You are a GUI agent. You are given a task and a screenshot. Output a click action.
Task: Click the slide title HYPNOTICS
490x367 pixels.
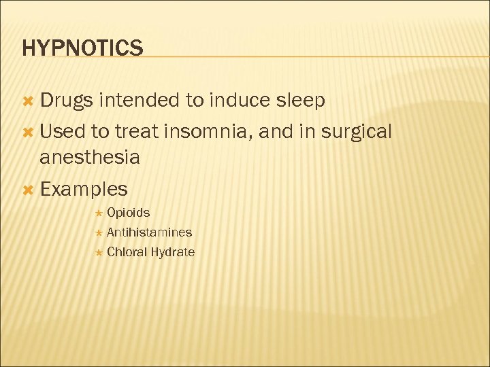pos(82,48)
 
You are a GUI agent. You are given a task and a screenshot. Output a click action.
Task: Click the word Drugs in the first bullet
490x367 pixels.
pos(66,101)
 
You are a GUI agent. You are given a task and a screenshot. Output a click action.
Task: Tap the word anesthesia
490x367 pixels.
pos(90,158)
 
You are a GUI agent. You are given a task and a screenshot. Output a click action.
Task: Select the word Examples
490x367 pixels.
pos(84,189)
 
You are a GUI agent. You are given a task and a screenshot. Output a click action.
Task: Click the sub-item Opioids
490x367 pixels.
pos(128,213)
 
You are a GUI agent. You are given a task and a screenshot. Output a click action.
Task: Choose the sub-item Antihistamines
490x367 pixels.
pos(149,232)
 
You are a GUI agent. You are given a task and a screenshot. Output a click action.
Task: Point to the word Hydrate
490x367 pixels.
pos(173,252)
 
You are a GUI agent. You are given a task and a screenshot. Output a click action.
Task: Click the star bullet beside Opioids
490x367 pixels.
pos(98,213)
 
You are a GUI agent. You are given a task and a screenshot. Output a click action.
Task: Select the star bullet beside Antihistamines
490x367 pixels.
pos(98,233)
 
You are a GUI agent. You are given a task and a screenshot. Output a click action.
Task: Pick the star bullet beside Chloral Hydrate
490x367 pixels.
pos(98,253)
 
